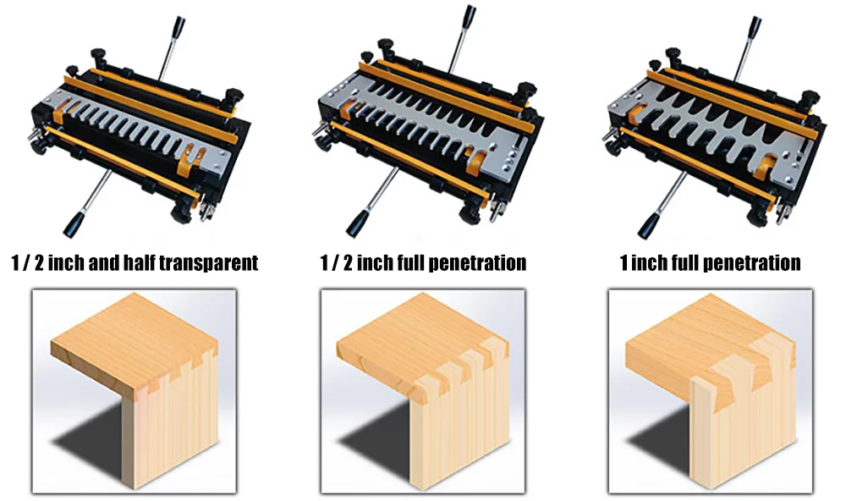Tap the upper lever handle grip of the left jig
[x=179, y=26]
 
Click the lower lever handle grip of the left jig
[x=72, y=224]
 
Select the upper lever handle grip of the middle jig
[x=470, y=15]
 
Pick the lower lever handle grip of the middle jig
[x=356, y=223]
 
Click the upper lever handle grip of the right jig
[x=755, y=26]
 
